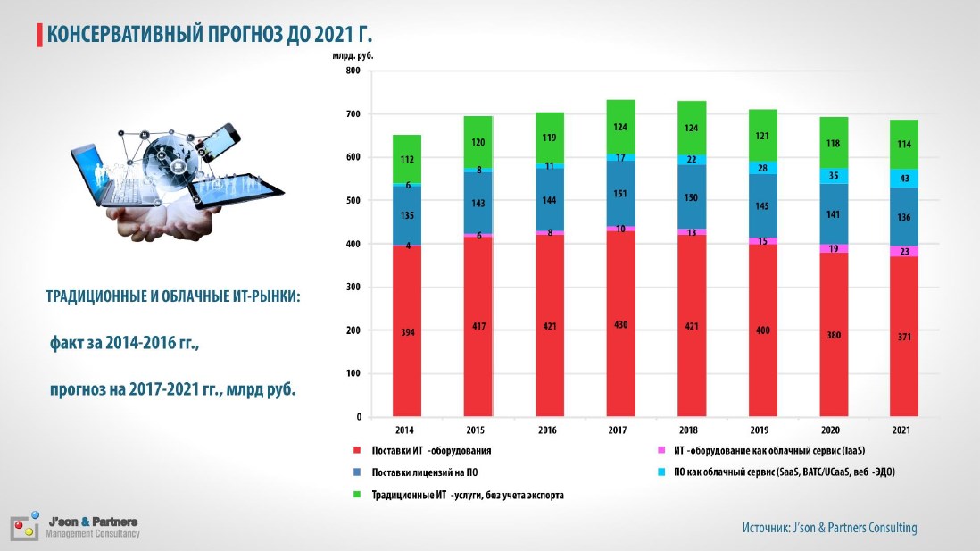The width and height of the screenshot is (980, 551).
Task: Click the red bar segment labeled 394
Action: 407,330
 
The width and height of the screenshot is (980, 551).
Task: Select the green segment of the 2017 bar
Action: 620,126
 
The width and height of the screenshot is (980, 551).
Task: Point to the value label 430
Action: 620,325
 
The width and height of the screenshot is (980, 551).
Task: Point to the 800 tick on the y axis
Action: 353,71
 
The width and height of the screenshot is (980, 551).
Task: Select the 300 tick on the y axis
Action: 353,288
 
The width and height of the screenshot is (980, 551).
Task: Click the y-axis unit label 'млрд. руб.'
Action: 353,55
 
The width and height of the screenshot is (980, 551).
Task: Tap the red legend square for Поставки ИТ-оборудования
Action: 358,450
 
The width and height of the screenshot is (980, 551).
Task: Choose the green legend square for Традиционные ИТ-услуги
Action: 358,494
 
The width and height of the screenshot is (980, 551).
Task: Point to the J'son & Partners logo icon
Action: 25,527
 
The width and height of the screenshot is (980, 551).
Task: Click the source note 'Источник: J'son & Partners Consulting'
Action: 829,528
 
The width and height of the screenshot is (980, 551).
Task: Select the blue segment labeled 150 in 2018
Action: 691,197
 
